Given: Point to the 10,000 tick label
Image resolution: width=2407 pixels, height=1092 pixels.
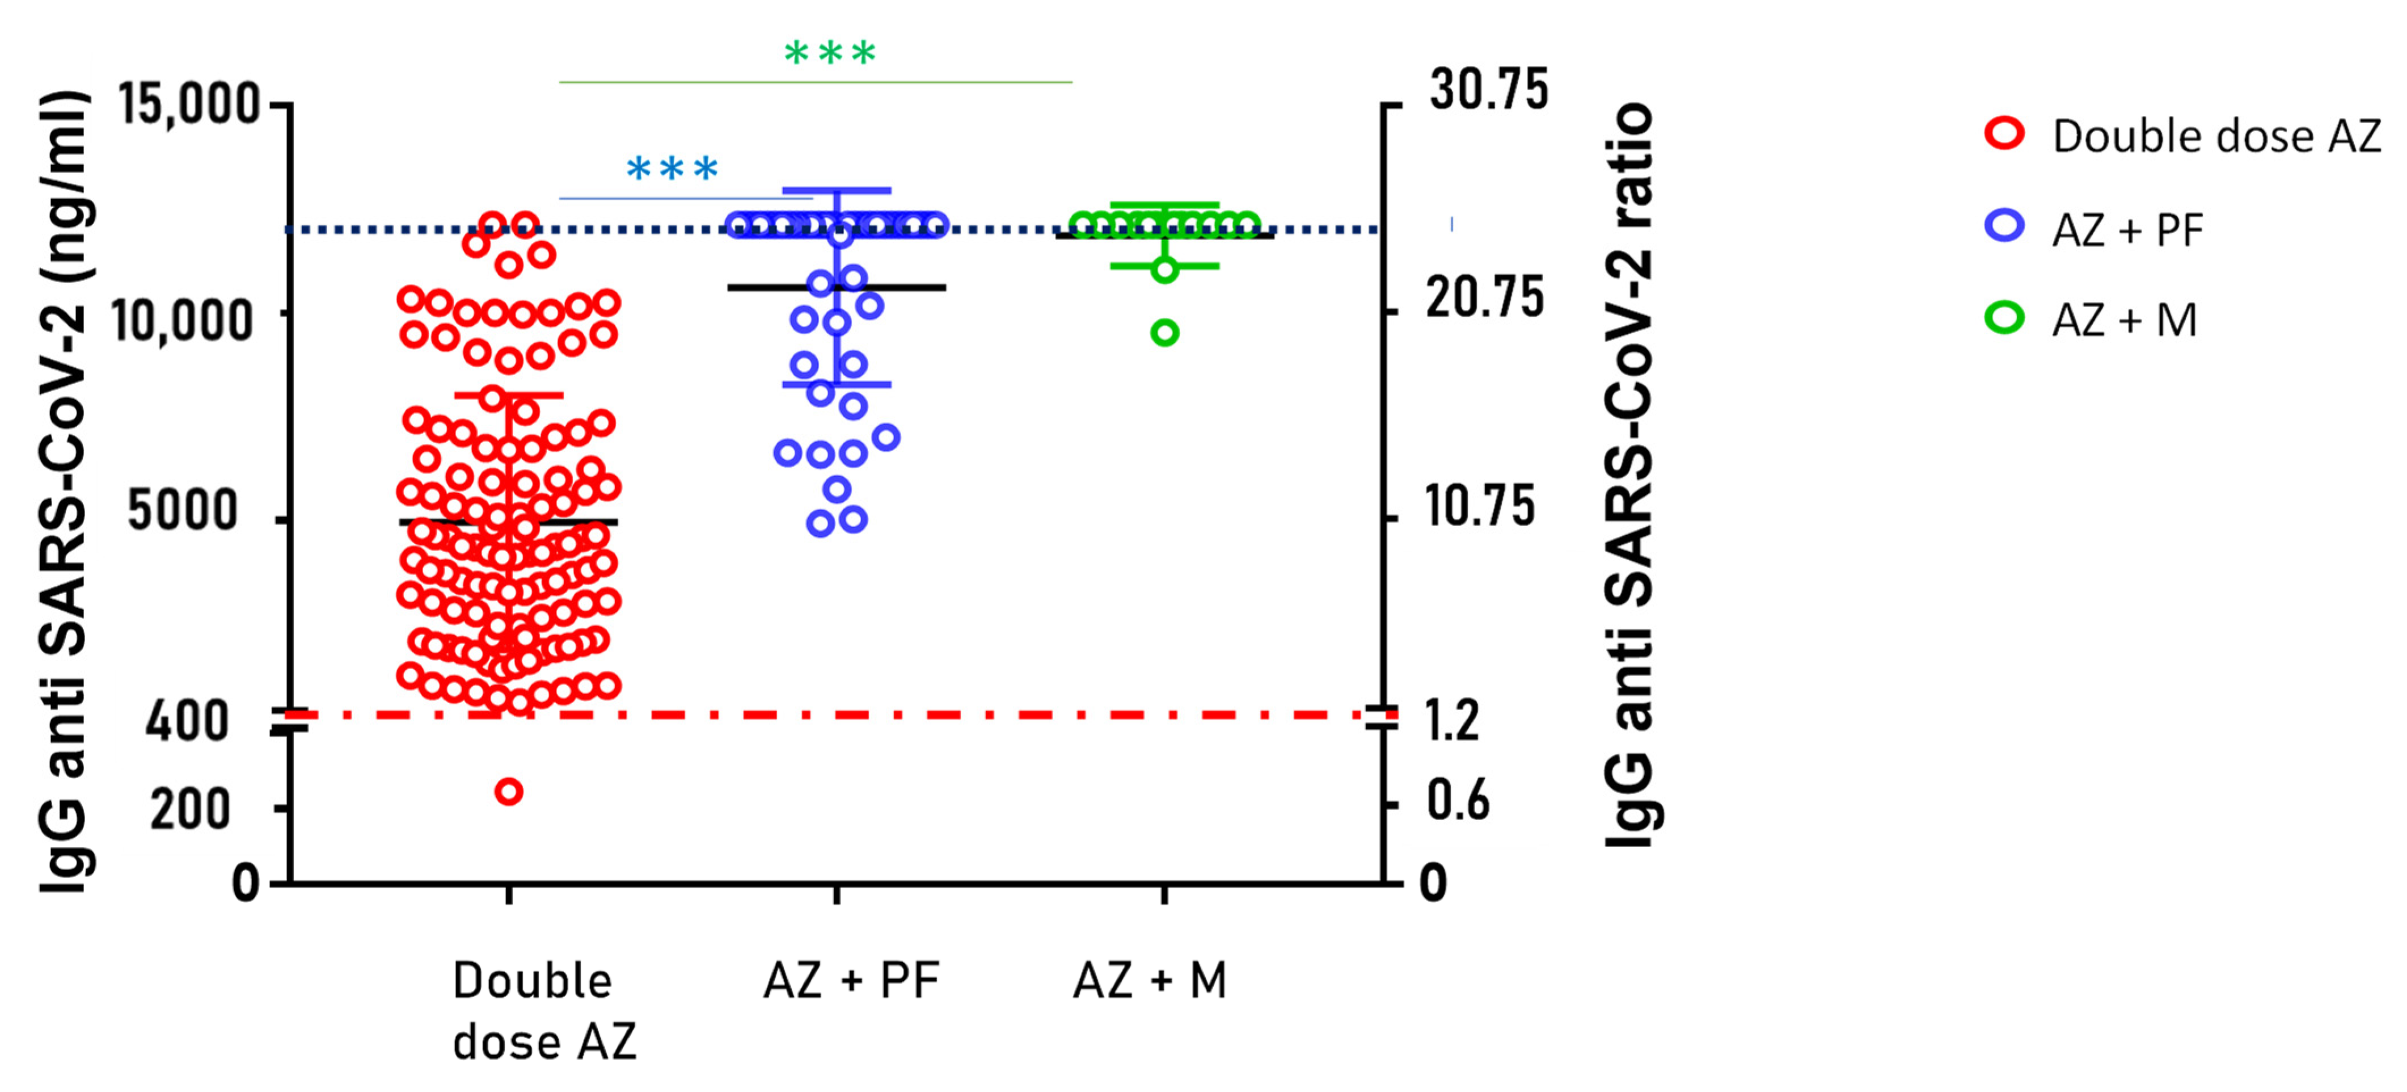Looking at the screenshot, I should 182,321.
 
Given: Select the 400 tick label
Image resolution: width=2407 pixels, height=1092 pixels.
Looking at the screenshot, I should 187,722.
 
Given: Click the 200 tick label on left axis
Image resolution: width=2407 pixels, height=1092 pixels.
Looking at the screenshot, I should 189,810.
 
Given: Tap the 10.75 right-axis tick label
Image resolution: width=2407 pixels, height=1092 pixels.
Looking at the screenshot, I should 1480,507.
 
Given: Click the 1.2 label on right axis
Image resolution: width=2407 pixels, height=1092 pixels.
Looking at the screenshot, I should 1453,721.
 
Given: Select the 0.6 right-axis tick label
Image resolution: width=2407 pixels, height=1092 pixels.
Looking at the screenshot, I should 1458,801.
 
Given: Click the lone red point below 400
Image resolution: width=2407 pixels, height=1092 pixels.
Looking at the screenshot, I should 508,792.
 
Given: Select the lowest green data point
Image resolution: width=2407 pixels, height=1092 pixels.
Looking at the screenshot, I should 1164,333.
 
